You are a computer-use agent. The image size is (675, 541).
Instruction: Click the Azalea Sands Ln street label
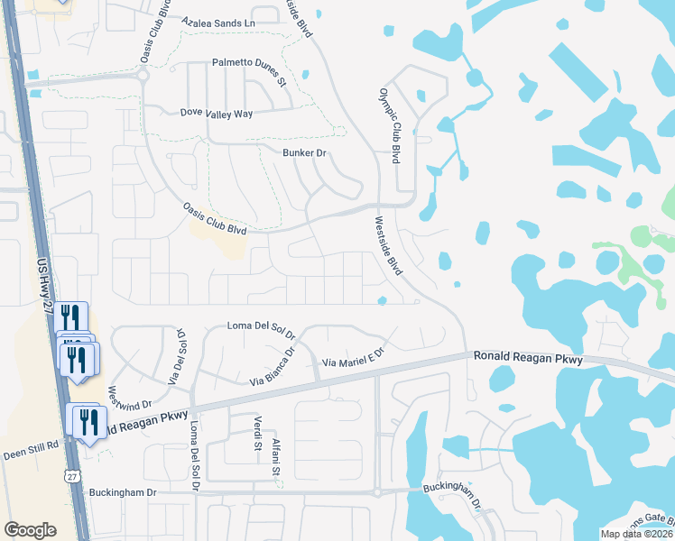(218, 21)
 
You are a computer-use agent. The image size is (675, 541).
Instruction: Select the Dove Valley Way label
(217, 114)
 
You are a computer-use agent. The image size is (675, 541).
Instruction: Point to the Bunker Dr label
(304, 153)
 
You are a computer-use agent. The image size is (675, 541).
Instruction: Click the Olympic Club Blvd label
(389, 125)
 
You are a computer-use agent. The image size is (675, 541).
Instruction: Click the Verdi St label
(256, 433)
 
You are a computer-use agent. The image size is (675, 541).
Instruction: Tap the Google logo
(30, 530)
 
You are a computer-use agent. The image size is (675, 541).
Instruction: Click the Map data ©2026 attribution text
(636, 534)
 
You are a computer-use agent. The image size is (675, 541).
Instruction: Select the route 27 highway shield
(72, 475)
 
